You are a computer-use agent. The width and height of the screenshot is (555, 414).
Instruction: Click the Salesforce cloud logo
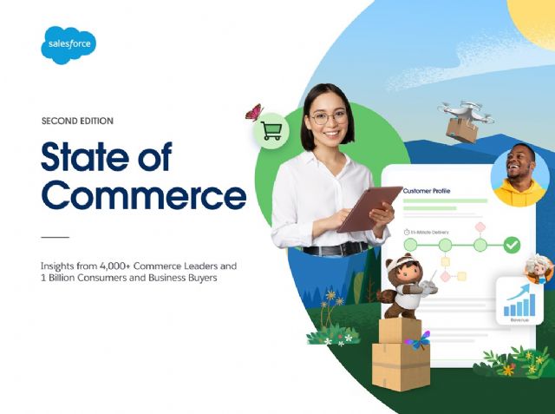pos(69,44)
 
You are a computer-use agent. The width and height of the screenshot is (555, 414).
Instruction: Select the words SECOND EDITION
pos(77,121)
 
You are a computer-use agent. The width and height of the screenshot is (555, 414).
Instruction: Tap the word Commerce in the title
pos(143,195)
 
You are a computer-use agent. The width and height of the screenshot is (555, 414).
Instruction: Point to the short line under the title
pos(55,236)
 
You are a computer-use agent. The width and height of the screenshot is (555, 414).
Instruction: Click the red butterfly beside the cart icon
pos(254,112)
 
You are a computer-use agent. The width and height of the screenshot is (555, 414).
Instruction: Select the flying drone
pos(467,110)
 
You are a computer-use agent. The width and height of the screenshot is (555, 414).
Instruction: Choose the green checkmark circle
pos(512,245)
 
